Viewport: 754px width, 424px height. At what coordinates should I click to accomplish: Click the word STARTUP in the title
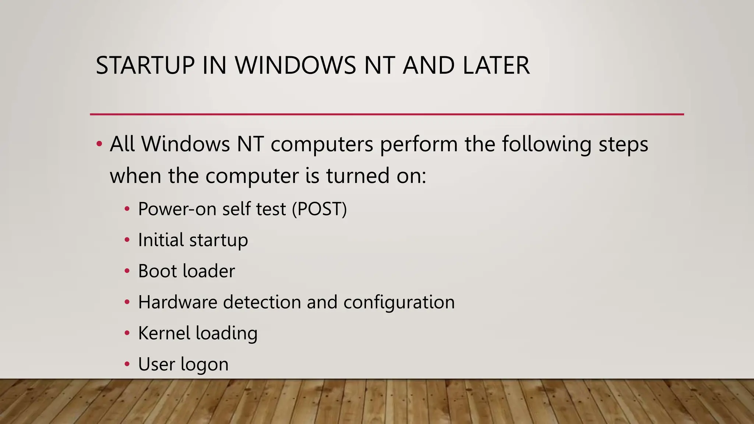pyautogui.click(x=145, y=66)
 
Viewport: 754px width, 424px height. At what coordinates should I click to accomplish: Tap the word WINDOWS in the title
pyautogui.click(x=296, y=66)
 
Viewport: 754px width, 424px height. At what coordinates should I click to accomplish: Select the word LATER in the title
pyautogui.click(x=496, y=66)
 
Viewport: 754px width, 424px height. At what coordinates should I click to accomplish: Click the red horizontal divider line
pyautogui.click(x=387, y=114)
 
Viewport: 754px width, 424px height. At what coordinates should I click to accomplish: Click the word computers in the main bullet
pyautogui.click(x=322, y=144)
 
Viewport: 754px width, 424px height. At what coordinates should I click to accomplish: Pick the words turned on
pyautogui.click(x=376, y=176)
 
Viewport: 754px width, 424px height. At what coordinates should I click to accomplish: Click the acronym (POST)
pyautogui.click(x=319, y=209)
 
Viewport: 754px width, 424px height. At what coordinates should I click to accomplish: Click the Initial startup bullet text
pyautogui.click(x=193, y=240)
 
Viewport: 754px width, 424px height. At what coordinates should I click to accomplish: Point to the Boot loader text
pyautogui.click(x=186, y=271)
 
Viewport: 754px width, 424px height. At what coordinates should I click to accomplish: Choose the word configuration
pyautogui.click(x=399, y=302)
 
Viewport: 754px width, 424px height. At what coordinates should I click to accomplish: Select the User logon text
pyautogui.click(x=183, y=364)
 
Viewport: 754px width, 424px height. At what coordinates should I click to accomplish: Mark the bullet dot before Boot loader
pyautogui.click(x=127, y=271)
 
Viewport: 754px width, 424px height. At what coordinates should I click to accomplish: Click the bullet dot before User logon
pyautogui.click(x=127, y=364)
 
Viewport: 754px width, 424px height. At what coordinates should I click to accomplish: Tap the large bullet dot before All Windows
pyautogui.click(x=99, y=144)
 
